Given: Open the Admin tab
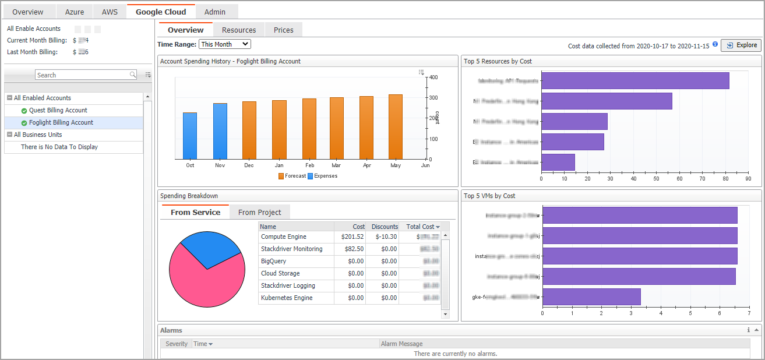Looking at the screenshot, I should pos(215,12).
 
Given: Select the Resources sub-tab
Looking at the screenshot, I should pos(239,30).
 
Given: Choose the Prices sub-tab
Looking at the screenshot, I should pos(284,30).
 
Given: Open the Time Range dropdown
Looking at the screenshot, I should pos(225,44).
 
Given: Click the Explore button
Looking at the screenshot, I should pos(741,45).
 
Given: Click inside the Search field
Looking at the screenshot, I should pos(82,75).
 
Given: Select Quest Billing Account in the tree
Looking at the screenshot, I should pos(58,110).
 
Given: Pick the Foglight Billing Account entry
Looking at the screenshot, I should pos(61,122).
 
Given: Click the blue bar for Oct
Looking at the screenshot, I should pos(190,136).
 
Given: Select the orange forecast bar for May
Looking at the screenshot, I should pos(396,127).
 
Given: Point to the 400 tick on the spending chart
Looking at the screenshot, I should pos(434,77).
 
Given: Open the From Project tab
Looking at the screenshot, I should pos(259,213).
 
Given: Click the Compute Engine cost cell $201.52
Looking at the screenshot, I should pos(352,237).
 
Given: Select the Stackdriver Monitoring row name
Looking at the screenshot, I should pos(291,249).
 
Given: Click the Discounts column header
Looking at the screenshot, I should pos(385,227).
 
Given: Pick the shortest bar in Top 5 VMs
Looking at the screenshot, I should pos(591,297).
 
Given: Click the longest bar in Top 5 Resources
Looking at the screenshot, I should pos(635,81).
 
